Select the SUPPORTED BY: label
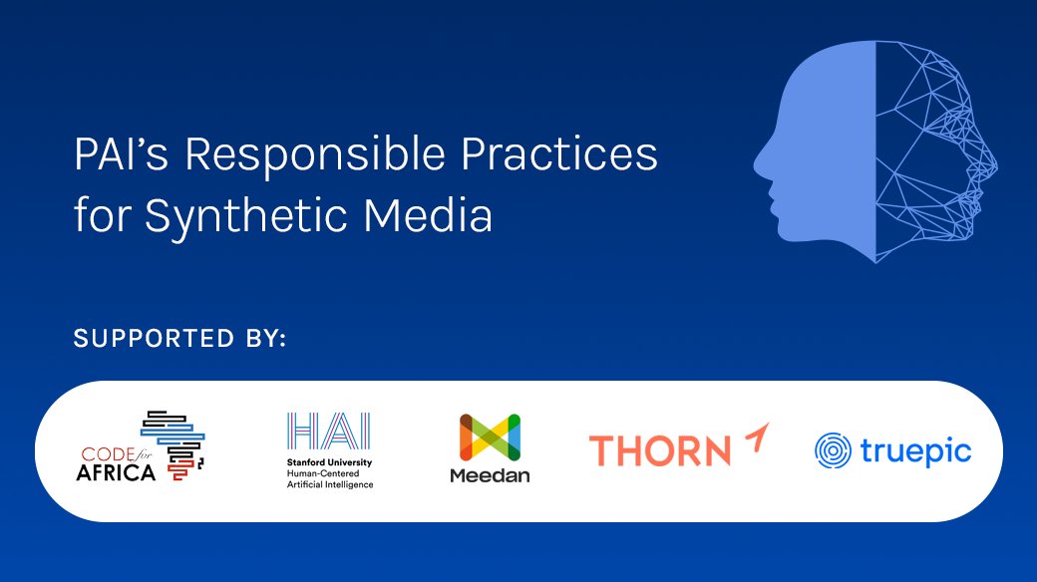click(x=179, y=340)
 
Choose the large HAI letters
click(x=328, y=431)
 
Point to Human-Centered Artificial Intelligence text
click(x=329, y=479)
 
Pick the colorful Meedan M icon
click(x=490, y=437)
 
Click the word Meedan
click(x=490, y=476)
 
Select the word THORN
click(x=659, y=451)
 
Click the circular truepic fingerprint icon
click(x=832, y=451)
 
